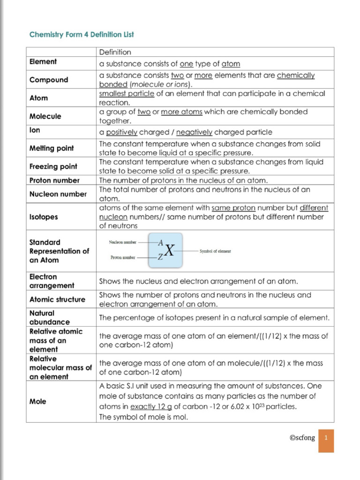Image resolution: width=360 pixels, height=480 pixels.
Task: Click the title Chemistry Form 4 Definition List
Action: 82,35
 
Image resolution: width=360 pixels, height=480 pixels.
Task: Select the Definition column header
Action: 115,52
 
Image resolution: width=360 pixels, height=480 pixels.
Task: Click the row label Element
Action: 43,62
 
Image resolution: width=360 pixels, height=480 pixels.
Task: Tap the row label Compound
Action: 49,80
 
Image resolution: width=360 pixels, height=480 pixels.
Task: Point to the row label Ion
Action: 35,131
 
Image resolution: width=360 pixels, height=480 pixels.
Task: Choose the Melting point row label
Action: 52,148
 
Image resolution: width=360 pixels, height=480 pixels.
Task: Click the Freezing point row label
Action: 53,166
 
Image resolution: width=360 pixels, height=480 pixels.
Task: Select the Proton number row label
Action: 54,180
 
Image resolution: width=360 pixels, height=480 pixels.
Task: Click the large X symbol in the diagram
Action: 169,251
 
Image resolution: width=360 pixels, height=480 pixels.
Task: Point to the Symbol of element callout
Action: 215,251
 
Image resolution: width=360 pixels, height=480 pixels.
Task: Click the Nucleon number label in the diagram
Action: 123,242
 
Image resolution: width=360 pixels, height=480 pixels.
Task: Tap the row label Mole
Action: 38,402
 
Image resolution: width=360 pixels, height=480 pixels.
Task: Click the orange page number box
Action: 326,440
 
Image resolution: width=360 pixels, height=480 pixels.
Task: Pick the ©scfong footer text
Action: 301,438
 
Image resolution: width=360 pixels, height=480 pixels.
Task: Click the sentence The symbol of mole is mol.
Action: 143,417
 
